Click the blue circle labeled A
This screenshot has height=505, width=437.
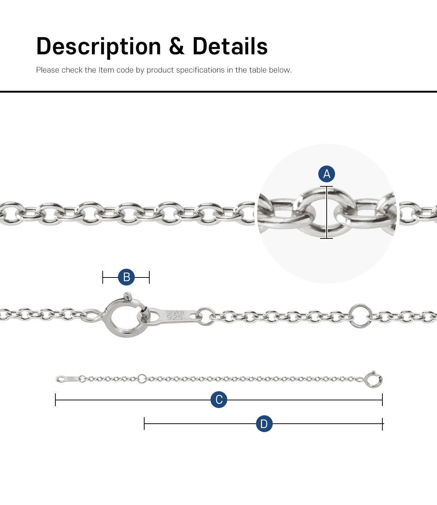coord(326,174)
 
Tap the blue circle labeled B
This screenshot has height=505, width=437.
coord(126,277)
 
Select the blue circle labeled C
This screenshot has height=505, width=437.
coord(219,400)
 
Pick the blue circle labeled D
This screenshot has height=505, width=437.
coord(264,424)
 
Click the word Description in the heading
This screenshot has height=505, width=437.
coord(99,46)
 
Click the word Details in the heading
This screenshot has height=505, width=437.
coord(230,46)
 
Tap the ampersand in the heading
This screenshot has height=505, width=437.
coord(177,46)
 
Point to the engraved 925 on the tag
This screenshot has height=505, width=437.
coord(175,318)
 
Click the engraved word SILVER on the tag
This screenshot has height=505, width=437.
coord(175,313)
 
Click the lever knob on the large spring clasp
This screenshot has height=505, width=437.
coord(127,296)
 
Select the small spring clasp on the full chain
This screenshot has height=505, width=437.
coord(374,380)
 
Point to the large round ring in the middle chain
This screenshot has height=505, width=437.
coord(360,316)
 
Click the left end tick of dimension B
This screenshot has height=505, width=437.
coord(103,277)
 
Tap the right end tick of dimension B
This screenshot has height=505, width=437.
coord(149,277)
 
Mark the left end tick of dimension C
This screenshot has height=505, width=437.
coord(55,400)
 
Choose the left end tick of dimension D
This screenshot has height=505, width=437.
coord(144,424)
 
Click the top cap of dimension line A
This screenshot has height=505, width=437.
coord(326,186)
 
